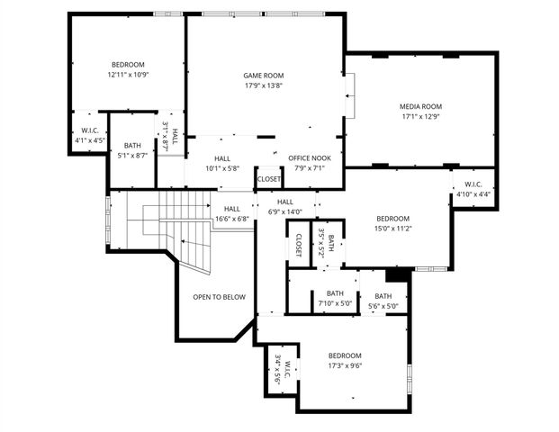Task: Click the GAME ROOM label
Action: coord(264,76)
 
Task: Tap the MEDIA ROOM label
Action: coord(421,105)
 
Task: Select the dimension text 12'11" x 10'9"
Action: coord(128,75)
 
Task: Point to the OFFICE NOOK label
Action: coord(306,157)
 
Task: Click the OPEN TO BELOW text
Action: coord(219,296)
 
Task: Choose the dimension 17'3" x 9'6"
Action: coord(344,366)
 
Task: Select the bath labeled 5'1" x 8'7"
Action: coord(133,150)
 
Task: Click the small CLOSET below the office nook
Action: coord(269,179)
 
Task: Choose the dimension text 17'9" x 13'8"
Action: coord(264,85)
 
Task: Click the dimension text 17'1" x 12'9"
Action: coord(421,116)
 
